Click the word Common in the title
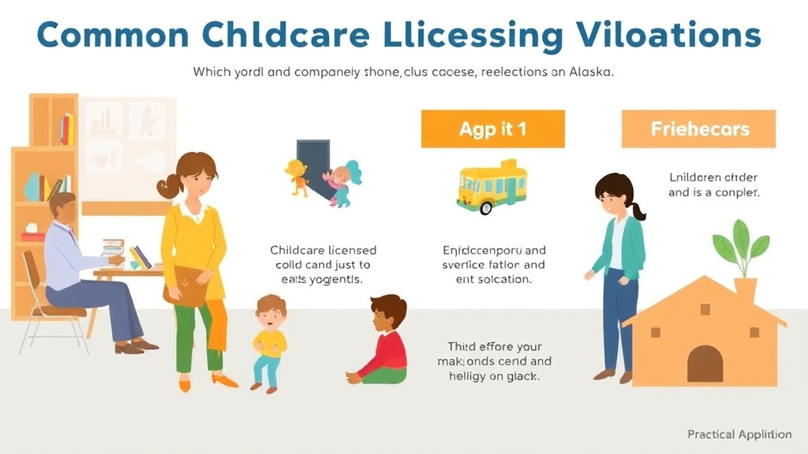coord(112,36)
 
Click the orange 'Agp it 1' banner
coord(492,128)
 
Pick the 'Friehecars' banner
coord(699,128)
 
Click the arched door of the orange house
coord(705,363)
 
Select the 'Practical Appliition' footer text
coord(739,434)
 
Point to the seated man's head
coord(62,207)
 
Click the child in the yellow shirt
coord(270,342)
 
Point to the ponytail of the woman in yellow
coord(168,187)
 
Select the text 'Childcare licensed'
coord(323,250)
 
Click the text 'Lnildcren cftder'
coord(713,177)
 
